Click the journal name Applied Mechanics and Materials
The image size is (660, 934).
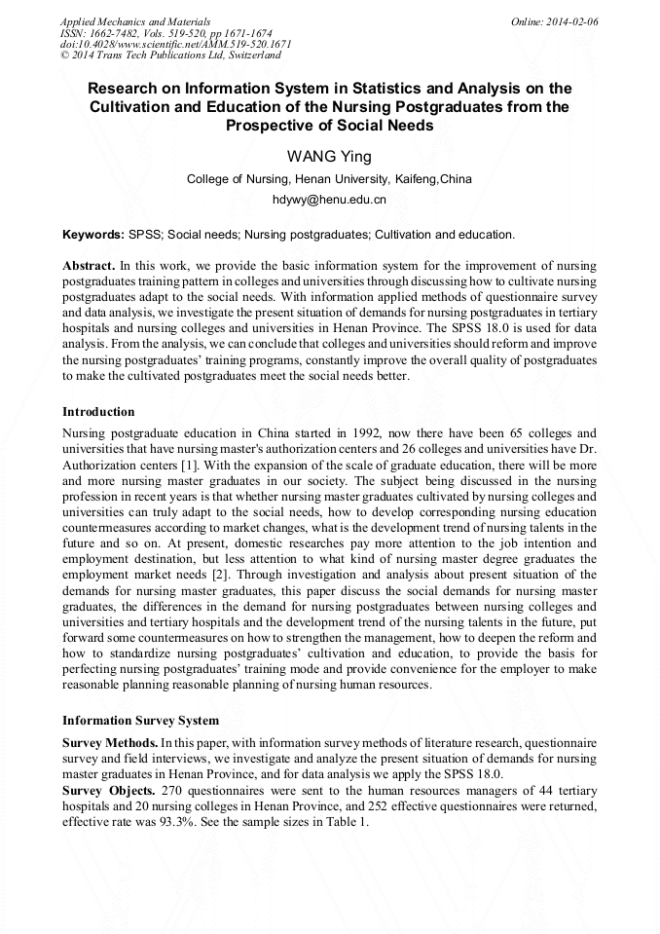[135, 21]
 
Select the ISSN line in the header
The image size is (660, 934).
[165, 33]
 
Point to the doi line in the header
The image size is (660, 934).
[175, 45]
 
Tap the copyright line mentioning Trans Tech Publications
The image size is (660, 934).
[171, 56]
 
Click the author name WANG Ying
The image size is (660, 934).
[329, 157]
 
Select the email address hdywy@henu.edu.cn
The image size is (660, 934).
[329, 200]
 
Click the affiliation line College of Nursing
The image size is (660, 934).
[329, 179]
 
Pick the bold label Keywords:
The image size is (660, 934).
[93, 235]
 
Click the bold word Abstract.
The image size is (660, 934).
[89, 266]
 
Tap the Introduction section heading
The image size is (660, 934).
[98, 412]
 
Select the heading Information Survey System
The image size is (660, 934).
[140, 721]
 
